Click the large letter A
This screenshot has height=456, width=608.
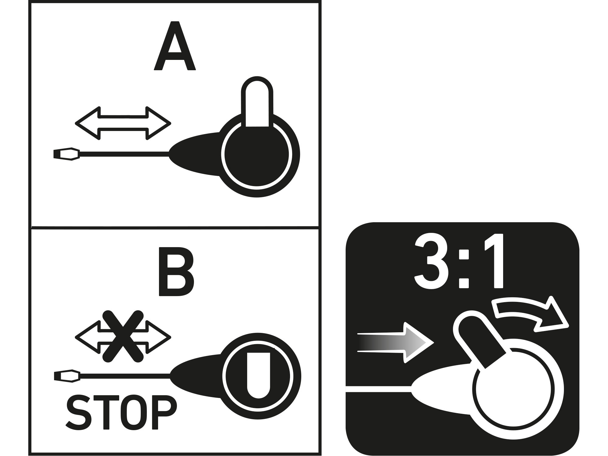tap(174, 46)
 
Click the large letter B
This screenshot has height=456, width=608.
tap(176, 272)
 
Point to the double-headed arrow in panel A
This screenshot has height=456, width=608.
tap(123, 123)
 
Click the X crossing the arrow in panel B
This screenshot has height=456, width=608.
tap(123, 336)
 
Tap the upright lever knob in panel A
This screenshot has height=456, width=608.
tap(257, 102)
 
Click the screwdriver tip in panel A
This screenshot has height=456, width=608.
tap(67, 154)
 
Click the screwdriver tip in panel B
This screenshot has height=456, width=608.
tap(67, 376)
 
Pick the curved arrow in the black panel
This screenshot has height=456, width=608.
tap(530, 316)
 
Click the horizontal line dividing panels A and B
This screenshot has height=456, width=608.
tap(175, 227)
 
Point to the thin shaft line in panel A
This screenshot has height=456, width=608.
tap(124, 154)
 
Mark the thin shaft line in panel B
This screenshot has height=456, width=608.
tap(125, 376)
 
